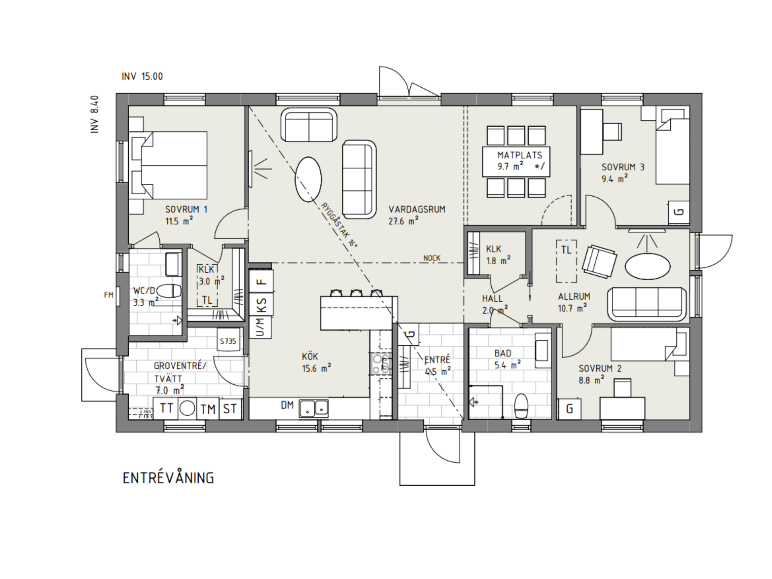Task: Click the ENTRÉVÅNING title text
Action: tap(168, 478)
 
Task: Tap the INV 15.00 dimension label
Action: tap(142, 76)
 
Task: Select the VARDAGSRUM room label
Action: tap(417, 209)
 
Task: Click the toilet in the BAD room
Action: tap(521, 406)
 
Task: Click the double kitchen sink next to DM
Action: tap(314, 408)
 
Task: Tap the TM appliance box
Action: tap(208, 409)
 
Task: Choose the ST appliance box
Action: tap(230, 409)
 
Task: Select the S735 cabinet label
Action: tap(228, 341)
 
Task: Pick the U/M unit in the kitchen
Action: tap(261, 327)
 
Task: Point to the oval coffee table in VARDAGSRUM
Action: tap(308, 179)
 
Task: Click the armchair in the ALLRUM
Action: tap(599, 261)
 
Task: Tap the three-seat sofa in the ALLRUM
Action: tap(647, 304)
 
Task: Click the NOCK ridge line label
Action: tap(432, 258)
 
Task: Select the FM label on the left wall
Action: tap(109, 295)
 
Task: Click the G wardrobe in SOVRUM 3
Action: tap(679, 212)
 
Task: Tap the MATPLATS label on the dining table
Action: tap(519, 155)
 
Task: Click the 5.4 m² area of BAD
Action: tap(507, 365)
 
